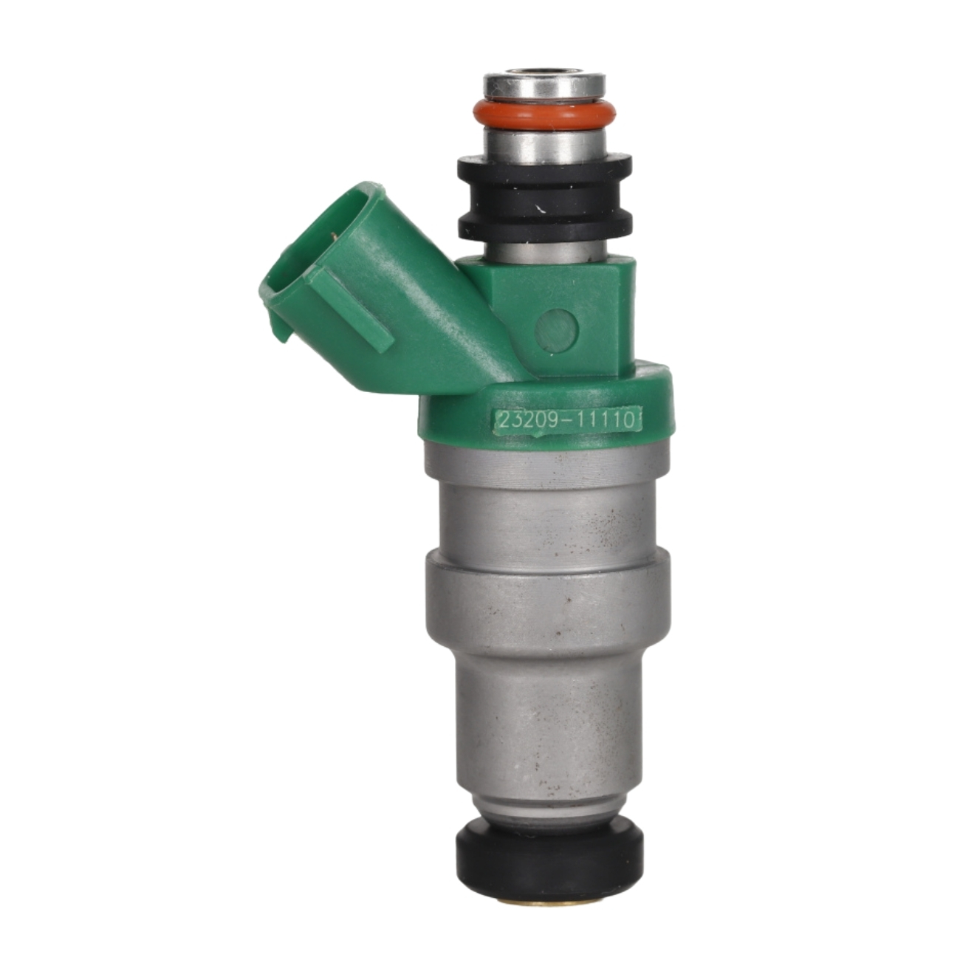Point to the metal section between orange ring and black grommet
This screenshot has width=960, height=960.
[x=544, y=145]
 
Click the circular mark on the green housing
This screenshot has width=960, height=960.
[x=557, y=328]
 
